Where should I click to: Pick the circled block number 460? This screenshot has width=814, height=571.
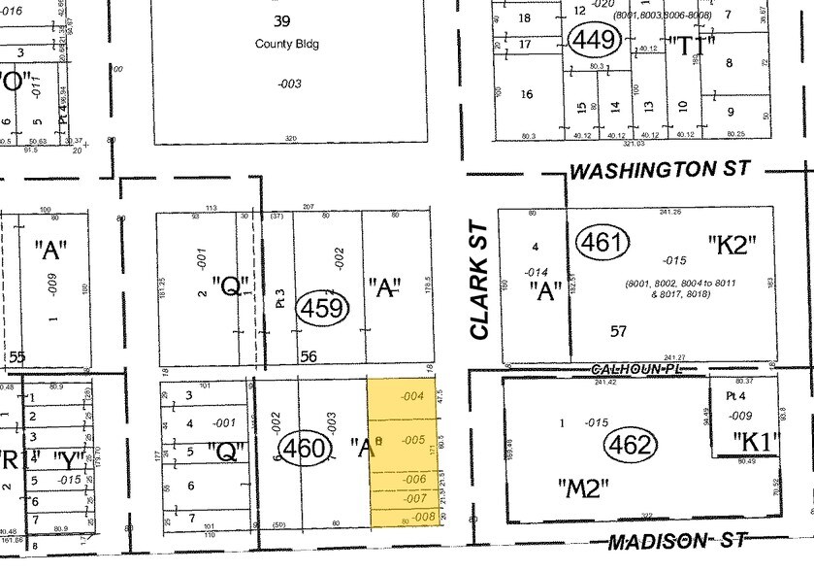coord(300,449)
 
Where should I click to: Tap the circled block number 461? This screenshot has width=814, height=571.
coord(598,243)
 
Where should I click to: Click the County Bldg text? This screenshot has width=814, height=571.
coord(287,44)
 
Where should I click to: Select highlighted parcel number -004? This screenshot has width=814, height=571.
coord(412,395)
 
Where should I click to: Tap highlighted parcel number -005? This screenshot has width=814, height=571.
coord(413,440)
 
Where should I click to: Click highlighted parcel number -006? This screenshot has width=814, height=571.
coord(415,480)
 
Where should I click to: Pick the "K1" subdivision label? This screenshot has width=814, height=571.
coord(757,442)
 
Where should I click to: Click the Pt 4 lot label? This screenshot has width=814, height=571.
coord(735,396)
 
